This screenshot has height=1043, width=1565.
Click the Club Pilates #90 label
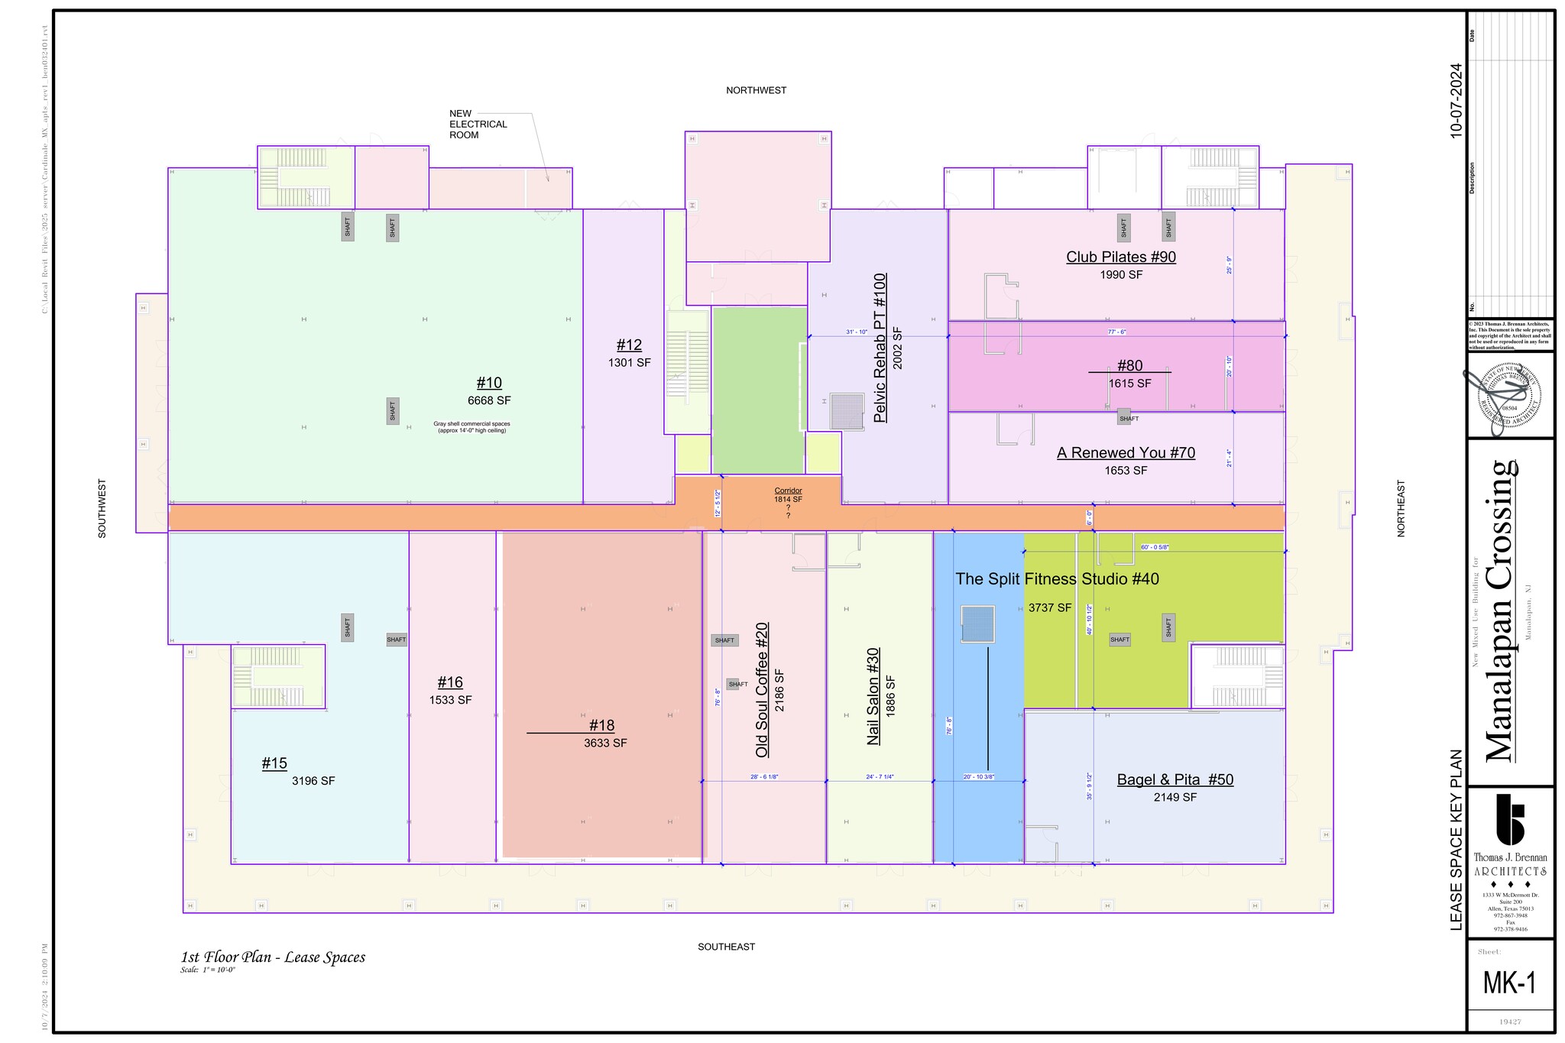(1120, 258)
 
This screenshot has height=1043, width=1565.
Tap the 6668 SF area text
(489, 400)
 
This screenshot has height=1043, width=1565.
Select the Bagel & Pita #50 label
(1175, 780)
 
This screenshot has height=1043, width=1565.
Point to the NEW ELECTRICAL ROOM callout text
(478, 125)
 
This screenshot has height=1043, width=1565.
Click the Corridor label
(788, 491)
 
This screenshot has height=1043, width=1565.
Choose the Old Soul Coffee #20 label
(762, 690)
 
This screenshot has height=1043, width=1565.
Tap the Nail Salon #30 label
(873, 696)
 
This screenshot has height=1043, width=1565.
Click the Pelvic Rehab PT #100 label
(880, 348)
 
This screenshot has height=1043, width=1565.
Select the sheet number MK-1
(1509, 983)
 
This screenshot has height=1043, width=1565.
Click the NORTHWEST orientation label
(756, 90)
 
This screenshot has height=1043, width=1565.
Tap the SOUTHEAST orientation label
(726, 947)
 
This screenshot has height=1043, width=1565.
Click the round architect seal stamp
(1509, 395)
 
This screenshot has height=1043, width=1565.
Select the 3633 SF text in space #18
(605, 743)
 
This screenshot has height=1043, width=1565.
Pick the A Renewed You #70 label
(1126, 453)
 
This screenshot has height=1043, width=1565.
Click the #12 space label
(629, 345)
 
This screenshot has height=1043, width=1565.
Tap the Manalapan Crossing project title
(1501, 611)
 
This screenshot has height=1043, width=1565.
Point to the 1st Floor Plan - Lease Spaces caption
(273, 957)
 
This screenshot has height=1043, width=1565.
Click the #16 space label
(450, 682)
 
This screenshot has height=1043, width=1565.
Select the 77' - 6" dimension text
(1117, 332)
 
